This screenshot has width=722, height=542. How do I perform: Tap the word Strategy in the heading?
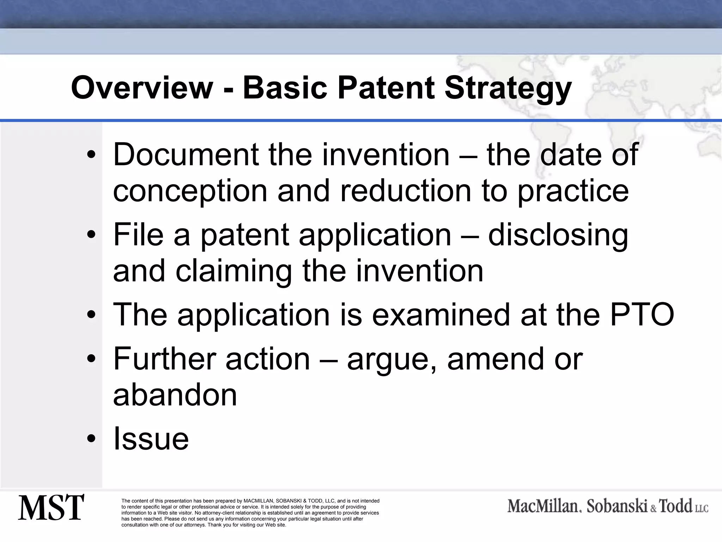click(508, 88)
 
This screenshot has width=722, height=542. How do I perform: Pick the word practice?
click(573, 191)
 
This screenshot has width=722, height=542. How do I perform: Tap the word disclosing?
click(558, 235)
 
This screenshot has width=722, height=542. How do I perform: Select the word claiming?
click(233, 271)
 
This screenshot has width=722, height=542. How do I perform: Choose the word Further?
click(164, 359)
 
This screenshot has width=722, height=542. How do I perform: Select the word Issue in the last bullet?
click(151, 438)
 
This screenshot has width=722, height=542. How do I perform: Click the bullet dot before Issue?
click(91, 439)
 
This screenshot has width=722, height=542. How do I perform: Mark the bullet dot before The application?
click(91, 315)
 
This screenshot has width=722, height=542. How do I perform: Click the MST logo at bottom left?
click(51, 507)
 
